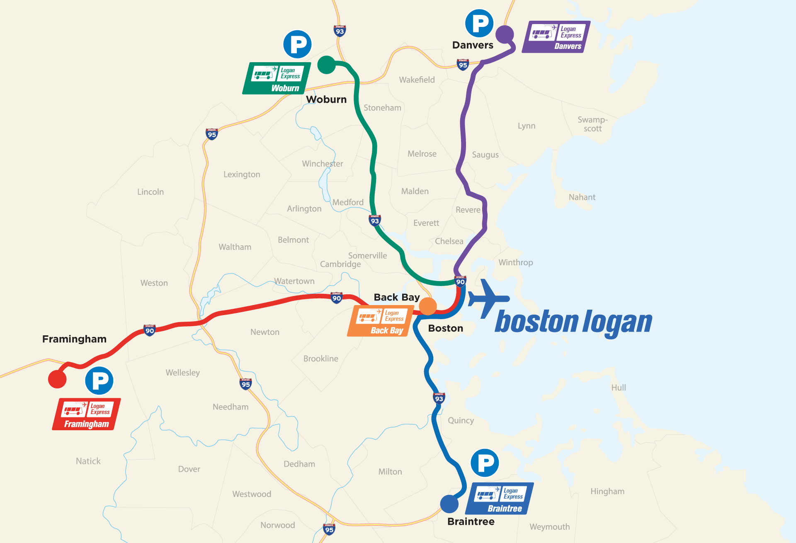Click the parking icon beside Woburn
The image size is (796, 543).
[x=297, y=44]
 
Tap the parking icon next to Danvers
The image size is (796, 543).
[x=479, y=23]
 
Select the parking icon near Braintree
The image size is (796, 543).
[x=485, y=463]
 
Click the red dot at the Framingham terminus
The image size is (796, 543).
[x=57, y=379]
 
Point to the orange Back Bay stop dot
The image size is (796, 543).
[x=428, y=306]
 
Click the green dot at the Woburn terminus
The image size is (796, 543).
[x=326, y=65]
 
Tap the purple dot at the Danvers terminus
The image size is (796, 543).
[x=505, y=34]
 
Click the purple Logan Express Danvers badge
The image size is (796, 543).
[x=556, y=37]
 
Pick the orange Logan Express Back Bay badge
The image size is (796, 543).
[x=380, y=321]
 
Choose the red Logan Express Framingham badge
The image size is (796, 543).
[x=86, y=414]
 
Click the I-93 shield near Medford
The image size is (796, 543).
[x=375, y=220]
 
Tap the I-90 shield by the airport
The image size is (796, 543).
[x=460, y=281]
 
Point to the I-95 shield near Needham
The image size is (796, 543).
[x=246, y=384]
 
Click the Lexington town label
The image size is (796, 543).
[x=242, y=175]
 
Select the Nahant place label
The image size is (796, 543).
[x=582, y=197]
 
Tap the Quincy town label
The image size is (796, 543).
[x=461, y=420]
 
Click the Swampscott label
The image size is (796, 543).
[x=592, y=124]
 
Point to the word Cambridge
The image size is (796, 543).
[x=340, y=264]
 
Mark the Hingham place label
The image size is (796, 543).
[x=607, y=491]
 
